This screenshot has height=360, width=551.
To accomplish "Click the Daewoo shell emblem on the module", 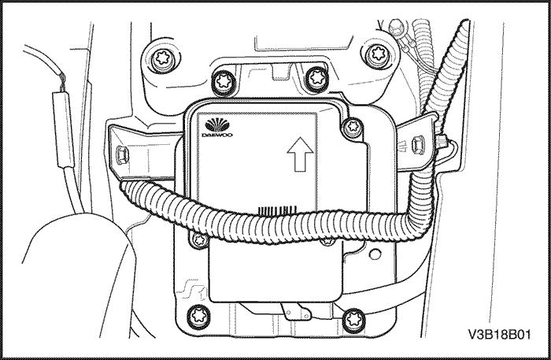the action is click(x=216, y=125).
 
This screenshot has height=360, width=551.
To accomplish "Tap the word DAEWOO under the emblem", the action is click(x=217, y=135).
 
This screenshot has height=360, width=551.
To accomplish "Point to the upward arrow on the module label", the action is click(x=300, y=154).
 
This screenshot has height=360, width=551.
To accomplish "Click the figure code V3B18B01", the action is click(x=499, y=334).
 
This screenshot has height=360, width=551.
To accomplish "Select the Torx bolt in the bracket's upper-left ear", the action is click(x=162, y=58).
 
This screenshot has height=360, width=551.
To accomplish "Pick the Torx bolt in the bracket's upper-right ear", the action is click(x=378, y=54).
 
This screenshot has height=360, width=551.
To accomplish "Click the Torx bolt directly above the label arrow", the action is click(x=316, y=78).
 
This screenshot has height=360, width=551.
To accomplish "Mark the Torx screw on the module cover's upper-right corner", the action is click(x=351, y=127).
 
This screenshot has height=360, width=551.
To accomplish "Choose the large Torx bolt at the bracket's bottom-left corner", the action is click(x=198, y=316).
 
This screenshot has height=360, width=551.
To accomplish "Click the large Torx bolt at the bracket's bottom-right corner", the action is click(x=353, y=320).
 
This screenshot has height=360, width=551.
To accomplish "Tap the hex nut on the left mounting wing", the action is click(x=121, y=154).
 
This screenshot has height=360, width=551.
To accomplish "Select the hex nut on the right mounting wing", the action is click(x=418, y=144).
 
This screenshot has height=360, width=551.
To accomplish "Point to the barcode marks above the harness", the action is click(x=278, y=210).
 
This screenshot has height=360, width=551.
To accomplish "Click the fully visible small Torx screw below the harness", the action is click(x=200, y=240).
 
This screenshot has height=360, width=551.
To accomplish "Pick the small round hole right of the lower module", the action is click(x=375, y=254).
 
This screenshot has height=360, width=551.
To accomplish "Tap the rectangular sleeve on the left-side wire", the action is click(x=64, y=129).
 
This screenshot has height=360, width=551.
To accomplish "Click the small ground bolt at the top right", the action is click(x=396, y=26).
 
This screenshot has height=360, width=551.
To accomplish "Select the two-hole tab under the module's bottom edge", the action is click(x=296, y=312).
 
